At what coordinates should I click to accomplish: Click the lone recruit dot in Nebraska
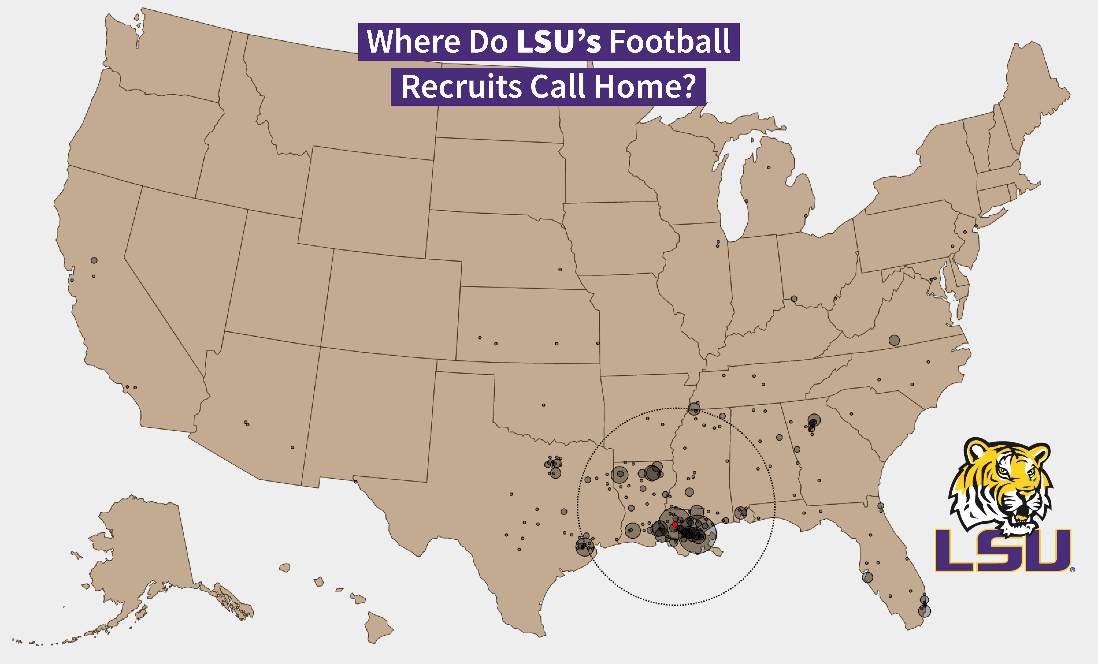pos(560,269)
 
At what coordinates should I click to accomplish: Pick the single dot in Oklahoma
pos(543,405)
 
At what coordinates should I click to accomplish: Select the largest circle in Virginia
pos(894,340)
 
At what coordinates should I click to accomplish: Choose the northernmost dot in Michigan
pos(769,167)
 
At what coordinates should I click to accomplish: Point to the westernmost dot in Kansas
pos(480,338)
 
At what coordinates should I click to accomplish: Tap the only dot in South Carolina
pos(851,414)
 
